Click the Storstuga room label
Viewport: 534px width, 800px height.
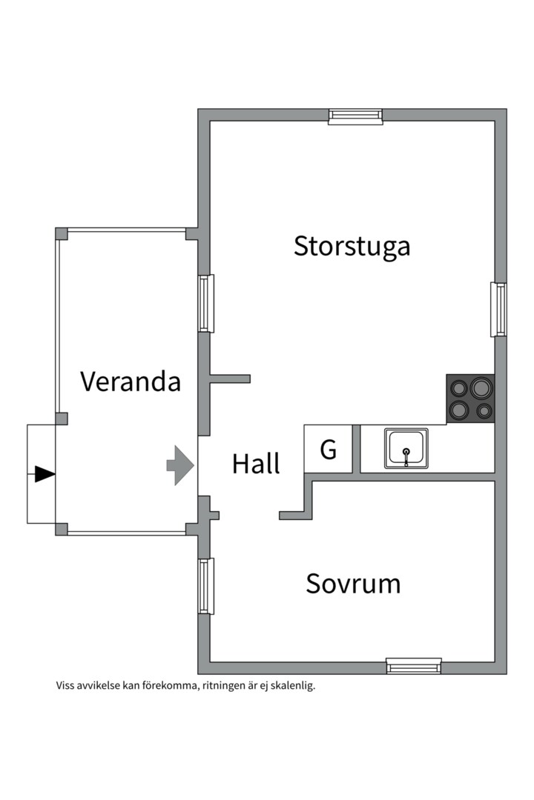[352, 246]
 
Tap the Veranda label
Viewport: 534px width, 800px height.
[131, 381]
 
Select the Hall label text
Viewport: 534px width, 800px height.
[256, 464]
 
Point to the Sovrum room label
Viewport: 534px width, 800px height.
[353, 584]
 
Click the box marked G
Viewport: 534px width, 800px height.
[328, 449]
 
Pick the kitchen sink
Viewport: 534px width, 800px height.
[406, 448]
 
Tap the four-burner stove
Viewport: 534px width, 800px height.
[470, 399]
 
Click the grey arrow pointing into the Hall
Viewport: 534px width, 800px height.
[179, 465]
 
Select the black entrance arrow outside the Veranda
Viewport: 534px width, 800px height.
[44, 474]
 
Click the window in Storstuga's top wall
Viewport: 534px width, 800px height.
[355, 116]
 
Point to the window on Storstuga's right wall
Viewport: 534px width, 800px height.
[501, 309]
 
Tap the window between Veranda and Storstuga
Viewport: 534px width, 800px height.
[205, 303]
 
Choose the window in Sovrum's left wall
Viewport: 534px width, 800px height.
[205, 585]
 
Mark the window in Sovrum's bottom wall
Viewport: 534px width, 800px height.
[413, 667]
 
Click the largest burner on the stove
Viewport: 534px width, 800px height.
[481, 387]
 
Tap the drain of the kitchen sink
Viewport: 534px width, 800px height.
[406, 451]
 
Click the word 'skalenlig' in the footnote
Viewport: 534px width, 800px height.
[294, 686]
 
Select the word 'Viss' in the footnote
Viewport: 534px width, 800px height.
[65, 685]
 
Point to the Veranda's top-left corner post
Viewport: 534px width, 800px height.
[62, 233]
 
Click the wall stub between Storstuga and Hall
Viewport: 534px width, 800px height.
[230, 379]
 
